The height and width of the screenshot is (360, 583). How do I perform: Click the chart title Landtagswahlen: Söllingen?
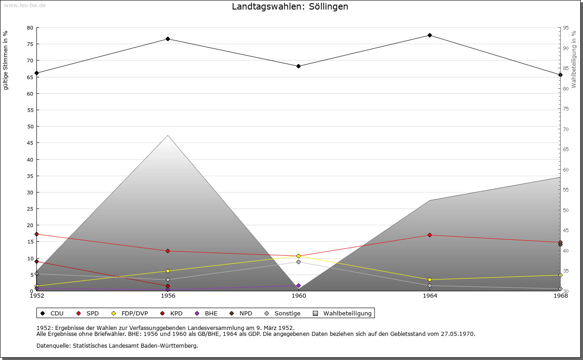(x=290, y=6)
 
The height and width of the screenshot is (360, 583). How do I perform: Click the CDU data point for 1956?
(x=168, y=39)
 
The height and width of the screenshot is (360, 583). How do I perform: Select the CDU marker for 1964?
(x=430, y=35)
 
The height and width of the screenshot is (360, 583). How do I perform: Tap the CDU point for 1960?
(x=298, y=66)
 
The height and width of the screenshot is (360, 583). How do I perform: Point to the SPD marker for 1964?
(x=430, y=235)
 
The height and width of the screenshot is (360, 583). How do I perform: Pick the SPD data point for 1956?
(x=168, y=251)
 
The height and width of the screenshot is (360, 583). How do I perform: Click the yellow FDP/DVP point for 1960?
(x=298, y=256)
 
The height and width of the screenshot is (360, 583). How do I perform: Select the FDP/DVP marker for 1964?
(x=430, y=279)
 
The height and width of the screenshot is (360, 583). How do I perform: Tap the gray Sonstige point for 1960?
(x=298, y=262)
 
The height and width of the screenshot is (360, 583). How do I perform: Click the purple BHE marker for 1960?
(x=298, y=285)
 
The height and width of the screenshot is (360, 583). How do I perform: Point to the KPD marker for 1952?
(x=36, y=261)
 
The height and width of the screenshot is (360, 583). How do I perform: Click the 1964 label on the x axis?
(x=430, y=296)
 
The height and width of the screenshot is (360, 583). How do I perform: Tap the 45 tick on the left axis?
(x=30, y=143)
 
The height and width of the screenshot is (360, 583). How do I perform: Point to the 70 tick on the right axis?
(x=566, y=129)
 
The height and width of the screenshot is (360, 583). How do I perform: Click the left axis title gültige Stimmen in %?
(x=6, y=60)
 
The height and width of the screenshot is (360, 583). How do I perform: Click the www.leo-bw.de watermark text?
(x=24, y=5)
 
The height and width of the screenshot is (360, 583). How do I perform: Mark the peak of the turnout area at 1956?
(x=168, y=135)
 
